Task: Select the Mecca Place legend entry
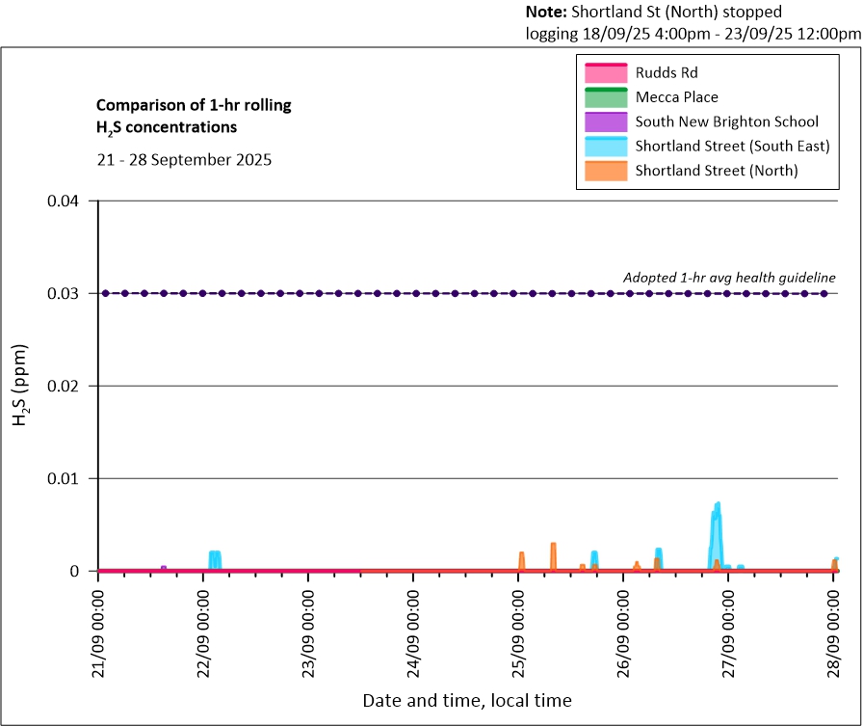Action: tap(676, 97)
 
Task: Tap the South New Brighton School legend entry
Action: tap(726, 121)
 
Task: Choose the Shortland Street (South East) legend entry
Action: tap(732, 147)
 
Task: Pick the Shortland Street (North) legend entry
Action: tap(717, 172)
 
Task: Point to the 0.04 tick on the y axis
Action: tap(70, 201)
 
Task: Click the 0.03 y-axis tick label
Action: tap(70, 293)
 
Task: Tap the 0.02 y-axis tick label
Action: tap(70, 386)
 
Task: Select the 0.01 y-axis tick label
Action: tap(70, 478)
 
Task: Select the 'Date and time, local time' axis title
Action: tap(466, 701)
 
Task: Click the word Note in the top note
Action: tap(545, 13)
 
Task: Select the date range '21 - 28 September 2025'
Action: tap(184, 160)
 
